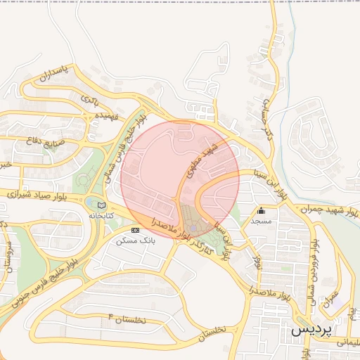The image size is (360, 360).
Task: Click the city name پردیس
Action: click(310, 329)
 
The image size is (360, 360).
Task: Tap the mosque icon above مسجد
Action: click(262, 210)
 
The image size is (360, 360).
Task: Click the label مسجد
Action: click(261, 221)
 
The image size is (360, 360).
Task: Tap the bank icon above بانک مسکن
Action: click(135, 230)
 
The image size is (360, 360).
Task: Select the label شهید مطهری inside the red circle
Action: click(199, 161)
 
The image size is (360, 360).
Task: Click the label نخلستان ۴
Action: click(127, 321)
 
